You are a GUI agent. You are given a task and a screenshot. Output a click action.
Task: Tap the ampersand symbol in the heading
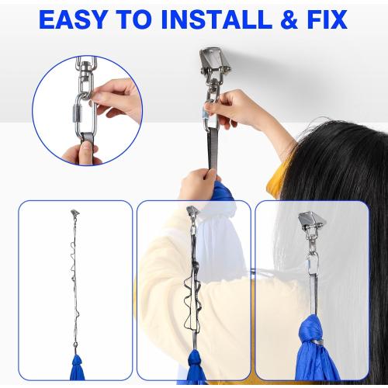point(290,19)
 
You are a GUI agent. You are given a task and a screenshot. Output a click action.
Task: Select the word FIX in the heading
point(327,19)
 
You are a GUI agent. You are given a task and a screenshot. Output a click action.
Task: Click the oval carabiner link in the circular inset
point(86,117)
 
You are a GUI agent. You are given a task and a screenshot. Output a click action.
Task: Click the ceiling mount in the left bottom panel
point(75,213)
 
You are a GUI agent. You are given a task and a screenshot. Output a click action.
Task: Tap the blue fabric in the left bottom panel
point(77,367)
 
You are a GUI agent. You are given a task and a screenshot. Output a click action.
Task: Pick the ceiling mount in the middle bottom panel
point(192,212)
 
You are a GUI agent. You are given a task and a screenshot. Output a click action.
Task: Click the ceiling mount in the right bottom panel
point(312,222)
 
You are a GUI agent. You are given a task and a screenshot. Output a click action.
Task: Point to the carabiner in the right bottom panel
point(313,265)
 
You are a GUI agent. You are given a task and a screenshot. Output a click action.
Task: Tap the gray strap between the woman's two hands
point(213,150)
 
